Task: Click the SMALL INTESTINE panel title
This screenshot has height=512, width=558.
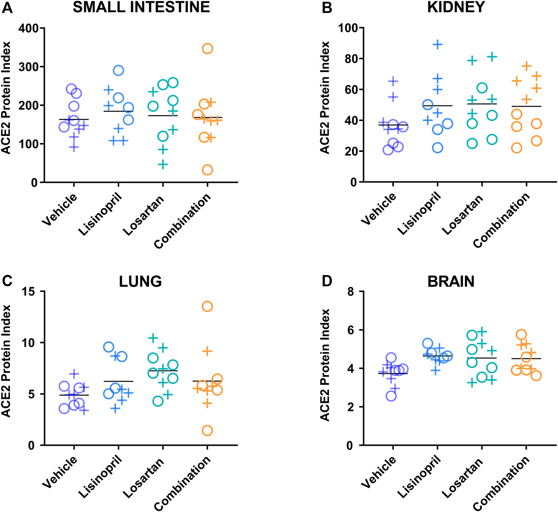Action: (141, 7)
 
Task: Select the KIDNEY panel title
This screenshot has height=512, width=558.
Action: (456, 7)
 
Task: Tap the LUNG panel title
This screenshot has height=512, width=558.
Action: (140, 281)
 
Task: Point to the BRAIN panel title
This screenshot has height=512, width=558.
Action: (451, 281)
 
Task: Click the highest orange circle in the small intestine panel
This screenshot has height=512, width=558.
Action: (207, 48)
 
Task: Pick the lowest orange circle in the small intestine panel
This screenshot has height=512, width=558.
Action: (207, 170)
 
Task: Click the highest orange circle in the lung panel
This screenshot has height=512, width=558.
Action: (207, 307)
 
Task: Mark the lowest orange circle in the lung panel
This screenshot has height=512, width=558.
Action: (207, 431)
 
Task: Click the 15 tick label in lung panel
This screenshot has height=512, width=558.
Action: (32, 292)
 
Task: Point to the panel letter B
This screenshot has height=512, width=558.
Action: (326, 7)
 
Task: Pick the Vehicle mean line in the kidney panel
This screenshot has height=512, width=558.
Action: (393, 125)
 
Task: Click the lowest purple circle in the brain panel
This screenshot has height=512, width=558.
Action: (391, 396)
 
